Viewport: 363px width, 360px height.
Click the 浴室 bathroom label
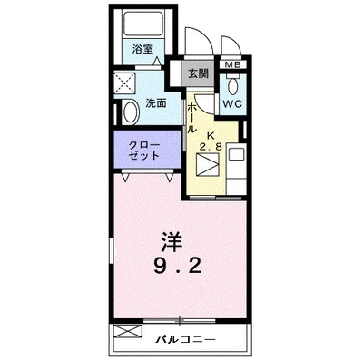pos(142,47)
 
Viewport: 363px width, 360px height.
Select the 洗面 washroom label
pos(155,102)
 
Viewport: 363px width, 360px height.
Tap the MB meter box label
pos(232,65)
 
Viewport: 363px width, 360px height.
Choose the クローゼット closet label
pos(144,150)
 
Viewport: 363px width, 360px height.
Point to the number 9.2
pos(179,268)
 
